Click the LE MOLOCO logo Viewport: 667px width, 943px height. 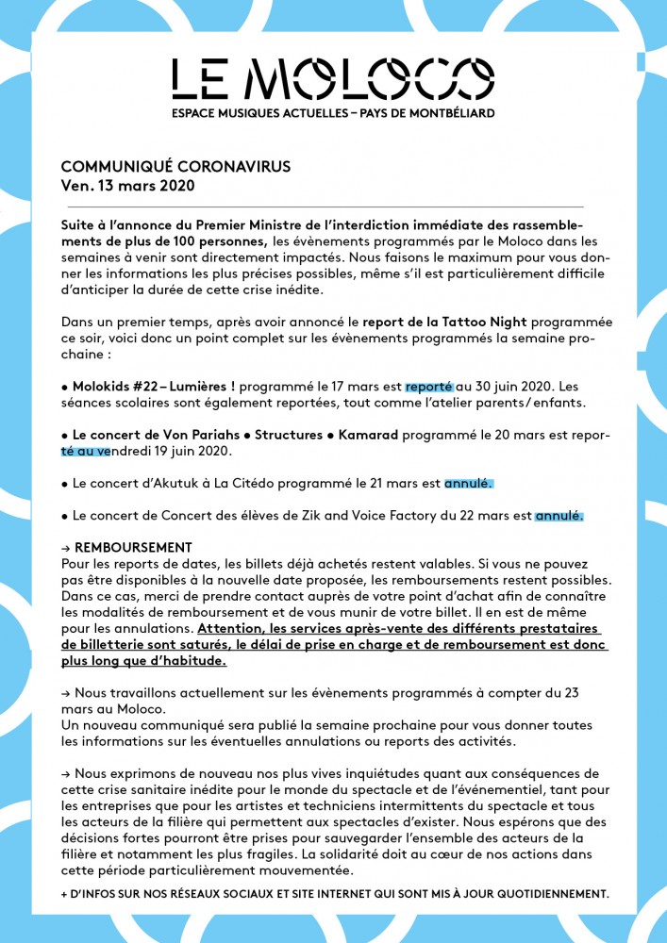pyautogui.click(x=333, y=78)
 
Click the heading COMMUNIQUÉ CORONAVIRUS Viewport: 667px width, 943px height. pyautogui.click(x=175, y=166)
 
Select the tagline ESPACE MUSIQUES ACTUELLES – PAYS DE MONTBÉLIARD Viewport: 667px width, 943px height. pyautogui.click(x=333, y=113)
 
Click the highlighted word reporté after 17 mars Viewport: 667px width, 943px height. pyautogui.click(x=429, y=387)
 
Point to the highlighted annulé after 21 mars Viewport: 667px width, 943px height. pyautogui.click(x=468, y=484)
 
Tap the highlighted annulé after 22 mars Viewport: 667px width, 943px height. pyautogui.click(x=559, y=516)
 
